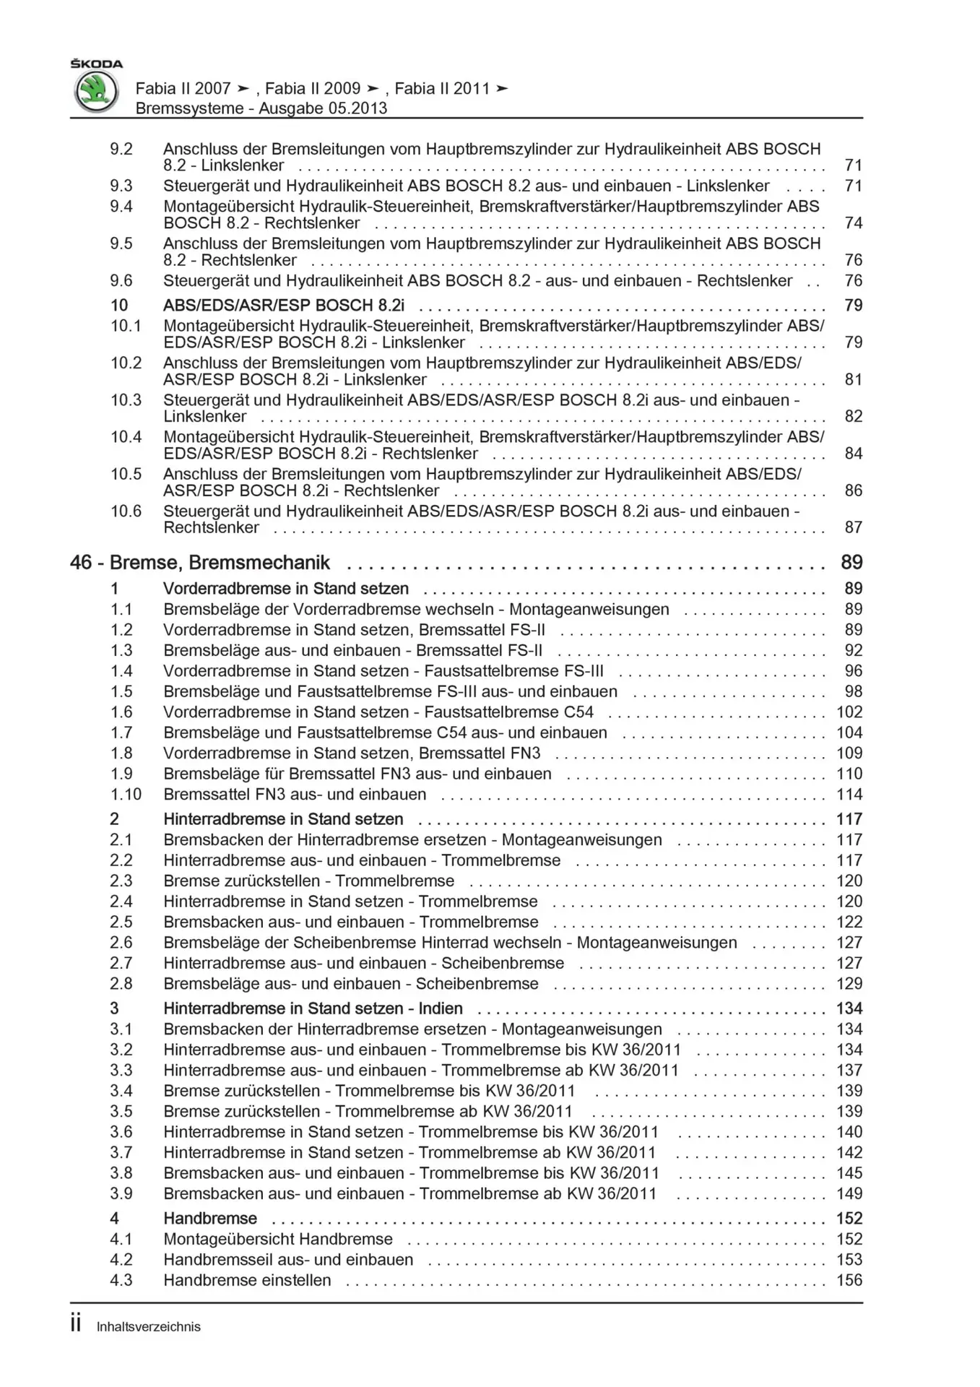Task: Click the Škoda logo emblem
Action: pyautogui.click(x=97, y=92)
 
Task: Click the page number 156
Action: pyautogui.click(x=849, y=1280)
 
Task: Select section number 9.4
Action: pyautogui.click(x=121, y=207)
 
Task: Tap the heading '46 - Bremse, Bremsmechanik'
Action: pyautogui.click(x=200, y=563)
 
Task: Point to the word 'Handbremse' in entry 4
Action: pyautogui.click(x=210, y=1219)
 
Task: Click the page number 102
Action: pyautogui.click(x=849, y=712)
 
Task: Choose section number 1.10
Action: pyautogui.click(x=126, y=795)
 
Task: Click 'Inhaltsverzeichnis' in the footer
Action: pyautogui.click(x=149, y=1327)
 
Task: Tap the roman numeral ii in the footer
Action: pyautogui.click(x=76, y=1324)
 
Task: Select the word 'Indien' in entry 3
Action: pyautogui.click(x=441, y=1008)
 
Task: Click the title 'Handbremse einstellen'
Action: pyautogui.click(x=247, y=1280)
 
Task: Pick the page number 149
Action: pyautogui.click(x=849, y=1193)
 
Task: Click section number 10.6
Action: pyautogui.click(x=126, y=511)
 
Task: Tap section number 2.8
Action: pyautogui.click(x=121, y=984)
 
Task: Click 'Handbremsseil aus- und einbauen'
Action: pyautogui.click(x=288, y=1260)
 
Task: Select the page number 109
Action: pyautogui.click(x=849, y=753)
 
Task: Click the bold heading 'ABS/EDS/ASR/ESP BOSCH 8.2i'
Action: pyautogui.click(x=284, y=306)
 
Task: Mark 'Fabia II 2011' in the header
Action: pyautogui.click(x=443, y=89)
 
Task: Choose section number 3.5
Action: pyautogui.click(x=121, y=1112)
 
